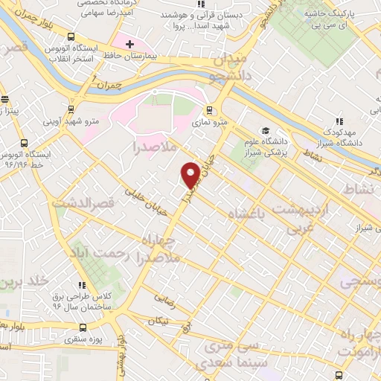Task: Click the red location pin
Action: coord(191,174)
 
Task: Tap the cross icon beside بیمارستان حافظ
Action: coord(130,45)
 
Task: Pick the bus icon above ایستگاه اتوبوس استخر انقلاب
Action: coord(71,37)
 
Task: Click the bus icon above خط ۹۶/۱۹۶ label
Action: coord(25,142)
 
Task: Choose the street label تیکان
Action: coord(158,321)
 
